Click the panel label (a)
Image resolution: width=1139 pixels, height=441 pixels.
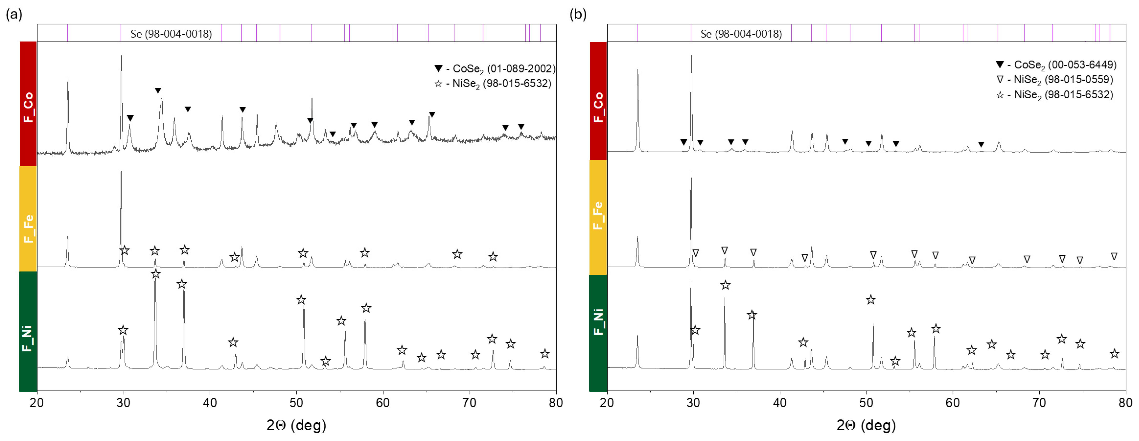tap(14, 15)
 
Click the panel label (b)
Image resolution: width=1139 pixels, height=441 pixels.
tap(578, 15)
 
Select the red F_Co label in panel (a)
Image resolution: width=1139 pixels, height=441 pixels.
tap(28, 106)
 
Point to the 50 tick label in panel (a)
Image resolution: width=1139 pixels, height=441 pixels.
tap(296, 402)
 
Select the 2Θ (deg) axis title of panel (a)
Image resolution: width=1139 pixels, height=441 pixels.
tap(296, 425)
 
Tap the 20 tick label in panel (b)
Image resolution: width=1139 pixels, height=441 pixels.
tap(607, 402)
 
